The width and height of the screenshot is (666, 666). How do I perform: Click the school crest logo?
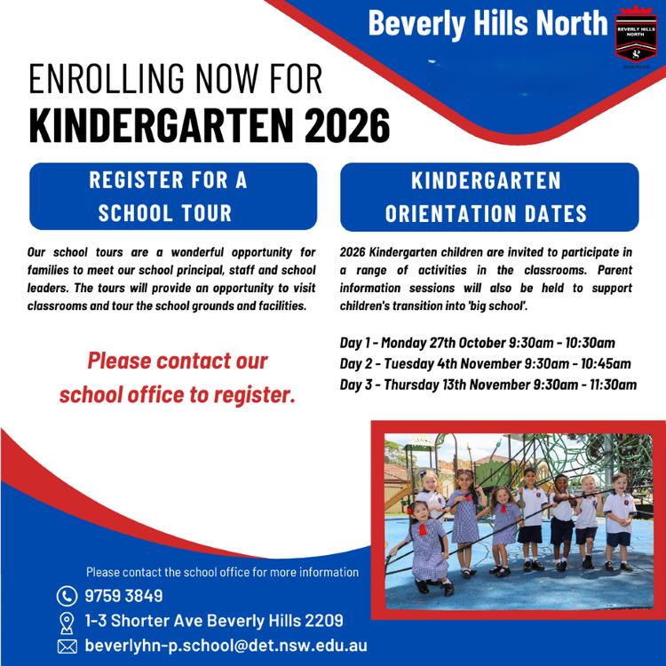coord(636,39)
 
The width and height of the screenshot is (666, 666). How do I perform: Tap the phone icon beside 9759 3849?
coord(67,596)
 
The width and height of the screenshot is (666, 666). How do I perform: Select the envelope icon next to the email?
coord(67,646)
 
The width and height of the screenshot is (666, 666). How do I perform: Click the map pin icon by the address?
coord(67,621)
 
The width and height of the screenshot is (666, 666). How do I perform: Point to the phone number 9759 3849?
coord(123,596)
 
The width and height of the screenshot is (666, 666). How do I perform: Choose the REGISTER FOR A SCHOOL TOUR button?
coord(173,196)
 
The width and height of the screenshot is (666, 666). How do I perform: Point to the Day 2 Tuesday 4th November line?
coord(485,364)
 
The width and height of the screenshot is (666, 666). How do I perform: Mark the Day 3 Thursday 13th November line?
coord(488,385)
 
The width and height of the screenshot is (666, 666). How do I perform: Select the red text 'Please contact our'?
coord(177,362)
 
